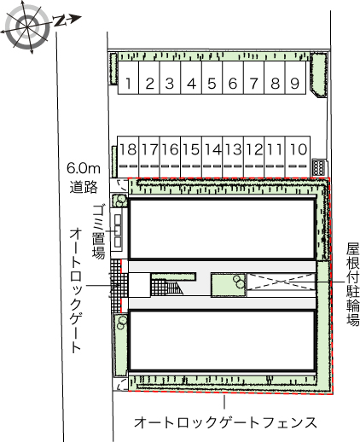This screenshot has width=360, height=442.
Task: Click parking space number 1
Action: (127, 84)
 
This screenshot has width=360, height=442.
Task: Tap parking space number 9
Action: (294, 84)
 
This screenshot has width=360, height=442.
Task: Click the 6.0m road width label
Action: (84, 177)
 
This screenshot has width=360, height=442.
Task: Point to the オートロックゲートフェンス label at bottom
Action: (225, 422)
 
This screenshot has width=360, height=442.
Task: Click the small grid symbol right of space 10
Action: (319, 166)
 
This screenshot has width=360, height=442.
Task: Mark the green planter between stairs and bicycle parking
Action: (229, 284)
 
